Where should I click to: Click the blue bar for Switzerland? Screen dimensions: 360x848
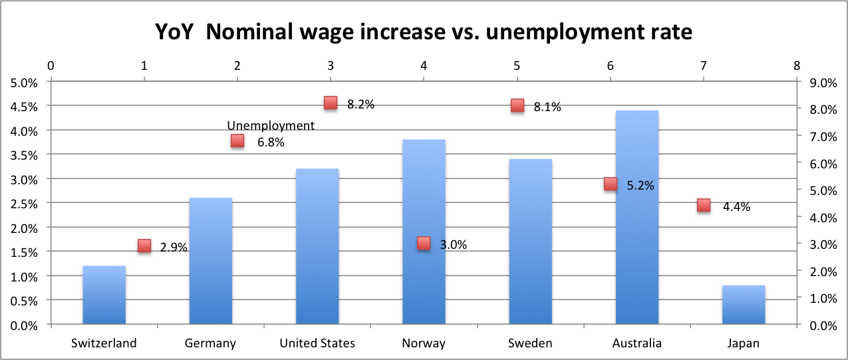tap(104, 295)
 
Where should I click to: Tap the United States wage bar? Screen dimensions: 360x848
tap(317, 247)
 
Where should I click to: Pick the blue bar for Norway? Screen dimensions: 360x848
tap(424, 200)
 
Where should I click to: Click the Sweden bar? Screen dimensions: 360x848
tap(530, 242)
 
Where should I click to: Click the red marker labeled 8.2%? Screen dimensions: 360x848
tap(331, 102)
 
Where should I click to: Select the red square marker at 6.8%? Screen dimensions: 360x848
tap(237, 140)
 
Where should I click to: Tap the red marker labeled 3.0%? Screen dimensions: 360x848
tap(424, 244)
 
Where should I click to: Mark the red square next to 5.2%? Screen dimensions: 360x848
tap(611, 184)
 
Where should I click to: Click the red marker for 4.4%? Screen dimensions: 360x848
tap(704, 205)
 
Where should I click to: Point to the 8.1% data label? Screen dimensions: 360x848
tap(547, 107)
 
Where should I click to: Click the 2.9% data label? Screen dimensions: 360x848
tap(174, 247)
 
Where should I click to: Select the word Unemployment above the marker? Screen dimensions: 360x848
tap(271, 125)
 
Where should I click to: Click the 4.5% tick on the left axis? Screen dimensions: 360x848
tap(24, 106)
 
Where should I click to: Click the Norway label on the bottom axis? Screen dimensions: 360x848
tap(424, 343)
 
